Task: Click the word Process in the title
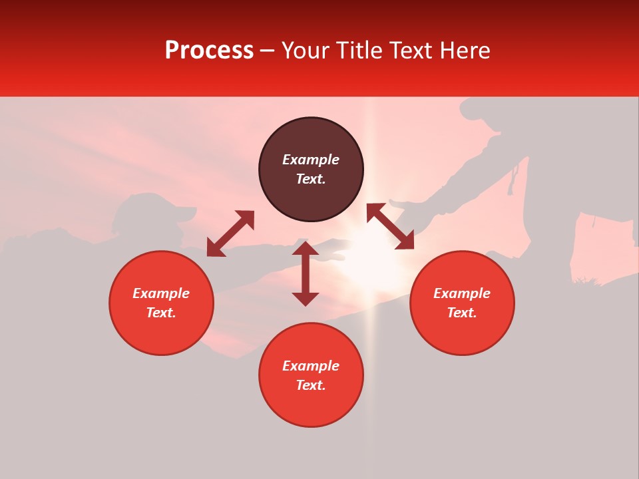(x=209, y=51)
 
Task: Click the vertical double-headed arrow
(x=306, y=273)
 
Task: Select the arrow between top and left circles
(x=230, y=234)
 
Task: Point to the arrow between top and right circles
(x=390, y=226)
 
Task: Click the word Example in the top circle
(x=311, y=160)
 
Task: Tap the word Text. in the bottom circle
(x=311, y=385)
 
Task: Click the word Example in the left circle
(x=161, y=293)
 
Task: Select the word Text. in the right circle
(x=462, y=313)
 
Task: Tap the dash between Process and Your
(x=268, y=51)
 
